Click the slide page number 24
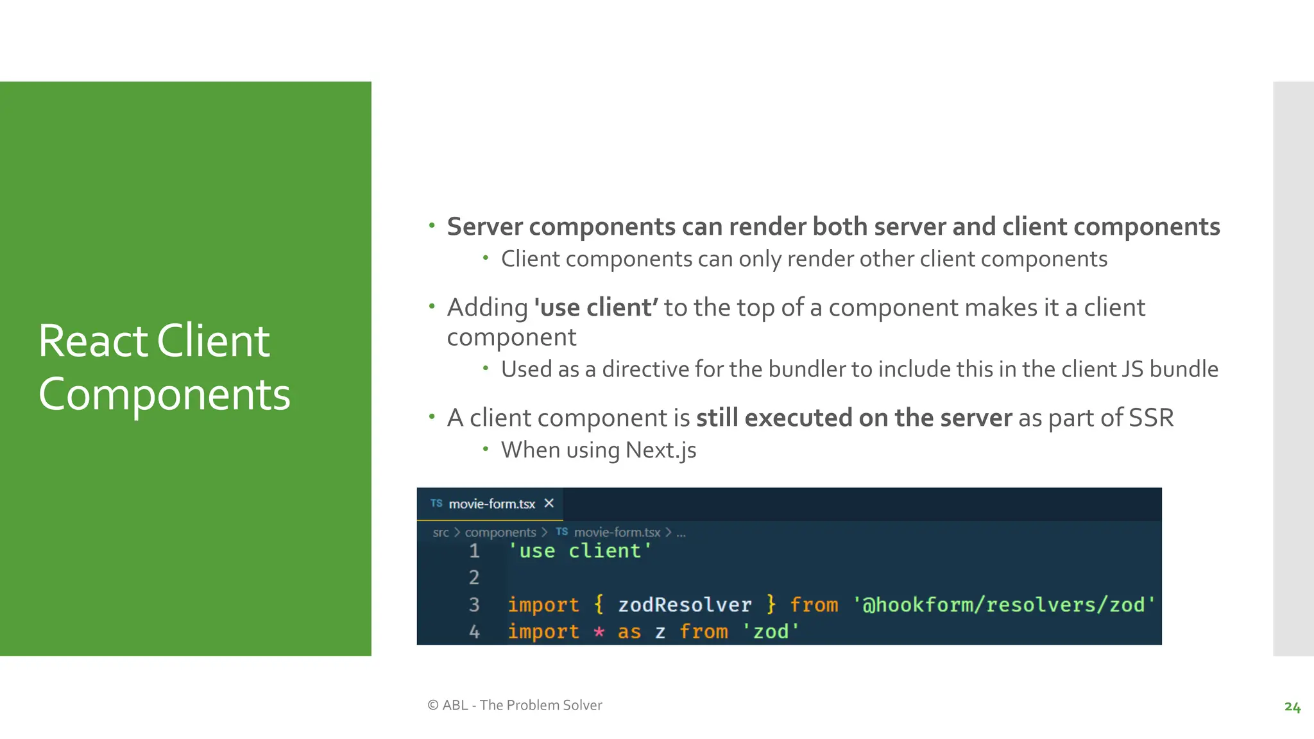point(1292,707)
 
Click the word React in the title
point(93,341)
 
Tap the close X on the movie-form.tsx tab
point(549,504)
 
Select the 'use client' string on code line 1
point(580,551)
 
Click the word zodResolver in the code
point(685,605)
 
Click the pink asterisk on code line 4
point(599,633)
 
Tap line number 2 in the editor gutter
point(474,577)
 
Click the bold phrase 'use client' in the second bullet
point(595,308)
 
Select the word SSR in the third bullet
point(1151,418)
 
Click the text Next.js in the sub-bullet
point(661,450)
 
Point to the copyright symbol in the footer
point(433,705)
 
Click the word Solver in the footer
point(582,705)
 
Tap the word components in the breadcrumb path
point(500,532)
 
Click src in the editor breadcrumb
point(440,532)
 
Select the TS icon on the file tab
point(436,504)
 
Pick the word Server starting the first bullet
point(484,227)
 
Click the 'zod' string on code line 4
point(771,633)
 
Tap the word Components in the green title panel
point(164,394)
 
